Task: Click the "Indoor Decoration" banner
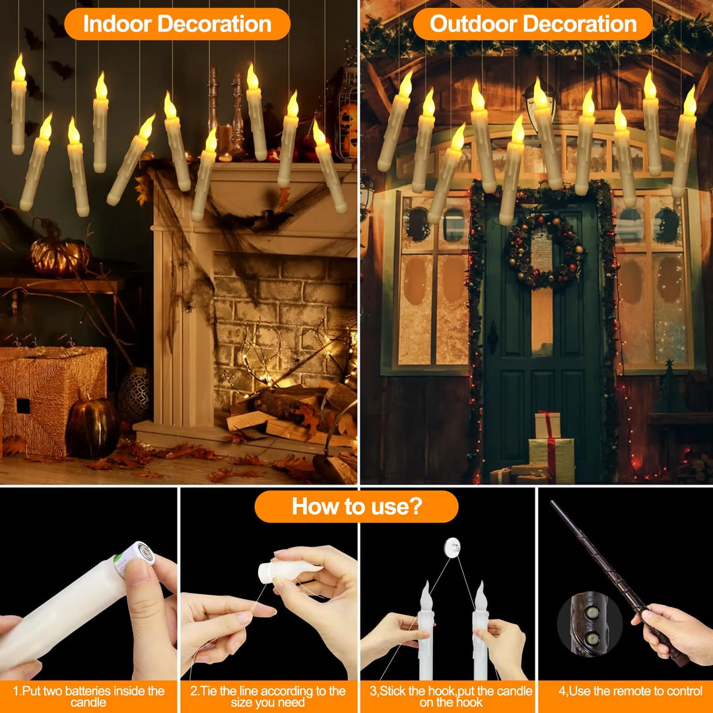tap(177, 24)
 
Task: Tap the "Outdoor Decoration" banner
tap(533, 24)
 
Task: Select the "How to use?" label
tap(356, 506)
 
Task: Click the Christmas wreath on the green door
tap(545, 252)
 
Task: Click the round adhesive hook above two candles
tap(452, 547)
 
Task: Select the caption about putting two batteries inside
tap(88, 696)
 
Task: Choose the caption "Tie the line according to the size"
tap(267, 696)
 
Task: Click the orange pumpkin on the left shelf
tap(59, 255)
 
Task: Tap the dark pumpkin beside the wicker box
tap(92, 426)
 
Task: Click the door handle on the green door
tap(492, 336)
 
